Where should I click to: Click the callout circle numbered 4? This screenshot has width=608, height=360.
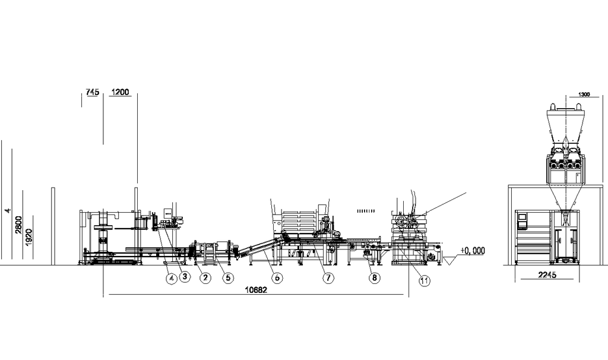(x=170, y=277)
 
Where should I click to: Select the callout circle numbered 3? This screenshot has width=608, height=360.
(x=185, y=276)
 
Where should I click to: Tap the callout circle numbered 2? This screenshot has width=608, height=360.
(x=205, y=277)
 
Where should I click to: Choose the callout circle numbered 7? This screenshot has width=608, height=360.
(x=328, y=277)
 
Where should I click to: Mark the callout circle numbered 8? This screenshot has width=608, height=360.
(x=373, y=277)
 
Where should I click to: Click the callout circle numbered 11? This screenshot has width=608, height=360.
(x=425, y=281)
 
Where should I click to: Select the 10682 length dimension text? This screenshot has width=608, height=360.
(x=256, y=290)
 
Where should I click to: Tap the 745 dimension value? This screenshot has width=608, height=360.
(x=92, y=92)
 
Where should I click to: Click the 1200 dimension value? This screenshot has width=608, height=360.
(x=120, y=92)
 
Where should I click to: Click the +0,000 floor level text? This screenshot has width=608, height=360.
(x=472, y=251)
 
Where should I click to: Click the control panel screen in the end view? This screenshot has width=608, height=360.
(x=522, y=219)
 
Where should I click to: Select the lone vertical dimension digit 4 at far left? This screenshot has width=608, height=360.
(x=7, y=210)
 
